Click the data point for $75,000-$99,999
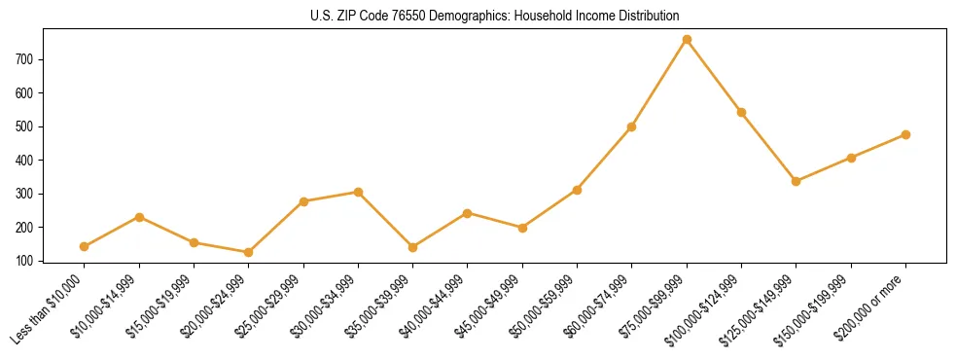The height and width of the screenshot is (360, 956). click(x=687, y=40)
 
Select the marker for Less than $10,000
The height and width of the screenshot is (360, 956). click(x=85, y=247)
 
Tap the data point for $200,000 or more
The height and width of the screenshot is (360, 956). click(x=905, y=135)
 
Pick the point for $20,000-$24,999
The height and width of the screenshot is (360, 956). click(x=249, y=253)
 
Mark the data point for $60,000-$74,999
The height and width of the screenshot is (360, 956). click(x=632, y=126)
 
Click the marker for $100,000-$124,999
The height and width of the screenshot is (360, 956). click(x=741, y=113)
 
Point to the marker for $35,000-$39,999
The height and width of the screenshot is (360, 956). click(x=413, y=248)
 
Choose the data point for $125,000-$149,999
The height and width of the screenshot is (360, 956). click(x=797, y=181)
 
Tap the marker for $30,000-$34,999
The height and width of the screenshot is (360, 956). click(x=359, y=193)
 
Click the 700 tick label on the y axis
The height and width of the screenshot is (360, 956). click(x=25, y=59)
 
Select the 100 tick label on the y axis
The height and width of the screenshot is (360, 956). click(x=25, y=261)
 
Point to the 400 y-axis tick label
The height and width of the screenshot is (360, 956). click(x=25, y=161)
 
